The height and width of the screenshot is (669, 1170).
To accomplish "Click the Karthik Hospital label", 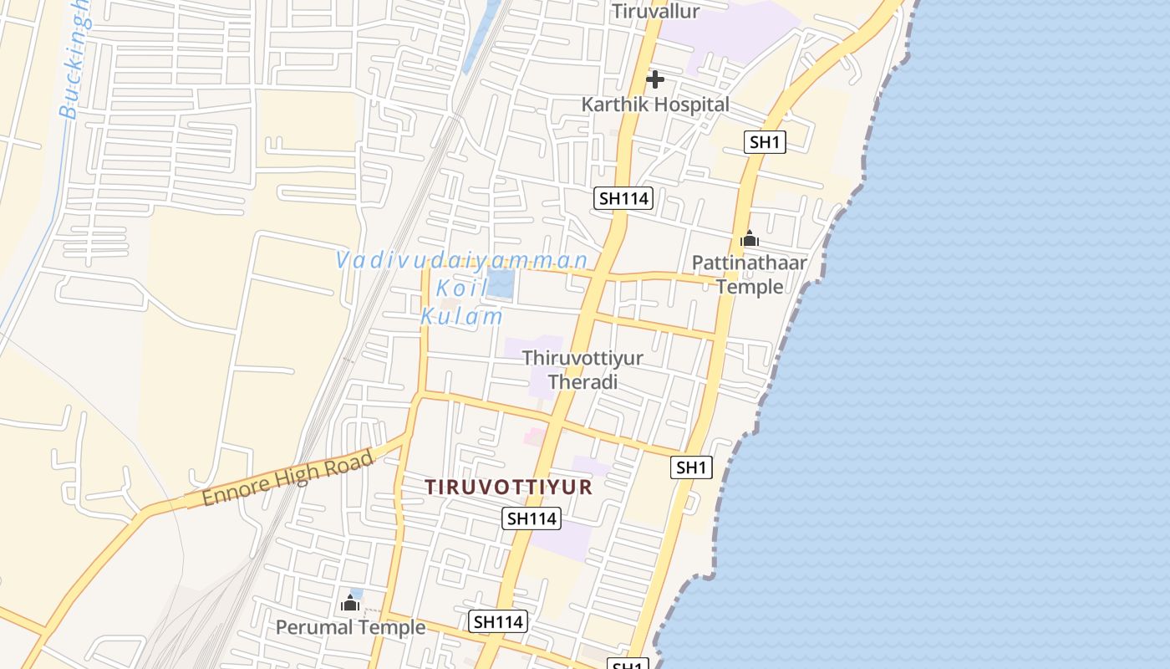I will click(655, 105).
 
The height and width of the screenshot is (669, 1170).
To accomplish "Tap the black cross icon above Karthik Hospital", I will click(655, 79).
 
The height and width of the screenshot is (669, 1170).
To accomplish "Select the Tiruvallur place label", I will click(655, 11).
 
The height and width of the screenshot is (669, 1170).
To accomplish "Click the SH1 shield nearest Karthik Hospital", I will click(765, 142).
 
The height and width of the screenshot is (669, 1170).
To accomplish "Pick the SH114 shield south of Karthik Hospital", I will click(623, 198).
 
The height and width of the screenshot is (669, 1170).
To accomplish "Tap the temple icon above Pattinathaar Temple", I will click(750, 239).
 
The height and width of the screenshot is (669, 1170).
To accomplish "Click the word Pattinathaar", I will click(750, 263).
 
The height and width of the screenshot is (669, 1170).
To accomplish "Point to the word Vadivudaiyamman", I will click(462, 259).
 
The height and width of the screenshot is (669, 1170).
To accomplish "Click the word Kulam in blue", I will click(462, 317).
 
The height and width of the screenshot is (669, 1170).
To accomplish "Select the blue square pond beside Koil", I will click(501, 283).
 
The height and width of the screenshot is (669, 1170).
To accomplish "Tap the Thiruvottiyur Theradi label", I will click(582, 370).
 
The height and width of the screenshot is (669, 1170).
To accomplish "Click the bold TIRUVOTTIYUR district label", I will click(509, 487).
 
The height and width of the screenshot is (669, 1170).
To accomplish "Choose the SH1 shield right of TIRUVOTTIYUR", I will click(691, 467).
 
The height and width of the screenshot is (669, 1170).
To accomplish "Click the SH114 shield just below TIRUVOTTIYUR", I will click(532, 518).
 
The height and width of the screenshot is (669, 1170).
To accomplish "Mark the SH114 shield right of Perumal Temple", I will click(498, 621).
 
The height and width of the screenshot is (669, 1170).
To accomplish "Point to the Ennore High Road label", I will click(287, 479).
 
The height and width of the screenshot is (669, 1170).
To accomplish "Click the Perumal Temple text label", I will click(350, 627).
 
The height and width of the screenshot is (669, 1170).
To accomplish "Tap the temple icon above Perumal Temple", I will click(350, 603).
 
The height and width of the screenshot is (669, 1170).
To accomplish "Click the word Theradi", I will click(582, 382).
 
